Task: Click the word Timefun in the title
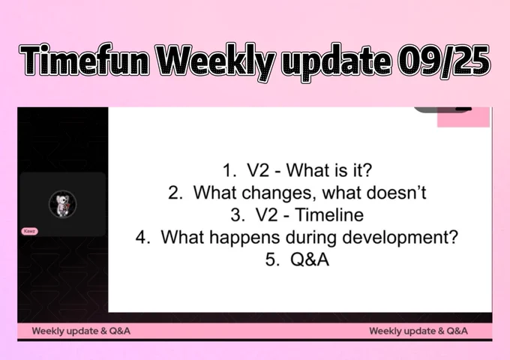[85, 60]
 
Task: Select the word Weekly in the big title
[217, 62]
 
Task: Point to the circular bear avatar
[63, 204]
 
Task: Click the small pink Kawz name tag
[29, 231]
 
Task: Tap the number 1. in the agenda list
[229, 170]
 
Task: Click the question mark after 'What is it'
[367, 169]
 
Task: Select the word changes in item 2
[280, 193]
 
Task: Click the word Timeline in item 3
[330, 214]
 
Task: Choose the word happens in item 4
[244, 238]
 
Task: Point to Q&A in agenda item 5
[310, 259]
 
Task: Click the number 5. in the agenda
[272, 259]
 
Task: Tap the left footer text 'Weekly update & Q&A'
[81, 331]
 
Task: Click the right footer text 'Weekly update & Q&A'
[418, 331]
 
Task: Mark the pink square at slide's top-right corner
[463, 117]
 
